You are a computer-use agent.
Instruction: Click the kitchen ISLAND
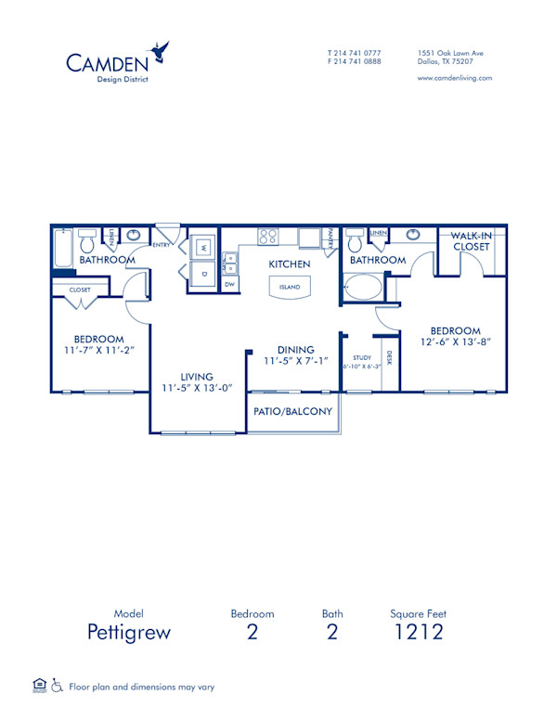pyautogui.click(x=290, y=288)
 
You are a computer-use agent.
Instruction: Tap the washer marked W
pyautogui.click(x=203, y=248)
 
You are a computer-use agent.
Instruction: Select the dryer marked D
pyautogui.click(x=203, y=274)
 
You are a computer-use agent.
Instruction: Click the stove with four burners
pyautogui.click(x=268, y=236)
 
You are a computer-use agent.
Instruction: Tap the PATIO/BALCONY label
pyautogui.click(x=293, y=411)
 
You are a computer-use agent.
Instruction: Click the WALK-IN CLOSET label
pyautogui.click(x=472, y=242)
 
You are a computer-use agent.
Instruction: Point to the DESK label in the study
pyautogui.click(x=389, y=356)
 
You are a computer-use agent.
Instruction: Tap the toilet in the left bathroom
pyautogui.click(x=87, y=243)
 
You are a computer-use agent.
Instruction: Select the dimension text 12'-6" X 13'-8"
pyautogui.click(x=455, y=342)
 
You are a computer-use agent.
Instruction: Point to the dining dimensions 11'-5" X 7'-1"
pyautogui.click(x=295, y=361)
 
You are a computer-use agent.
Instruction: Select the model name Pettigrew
pyautogui.click(x=130, y=633)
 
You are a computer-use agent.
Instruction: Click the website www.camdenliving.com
pyautogui.click(x=455, y=79)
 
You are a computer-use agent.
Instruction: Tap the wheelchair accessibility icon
pyautogui.click(x=56, y=687)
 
